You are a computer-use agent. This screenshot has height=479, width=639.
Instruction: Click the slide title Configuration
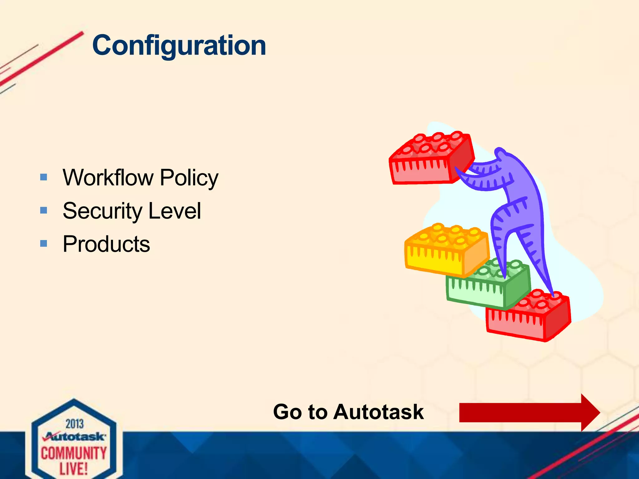tap(179, 46)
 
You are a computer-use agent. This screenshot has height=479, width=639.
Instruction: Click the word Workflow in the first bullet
tap(108, 177)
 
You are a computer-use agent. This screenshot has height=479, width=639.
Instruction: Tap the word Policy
tap(189, 178)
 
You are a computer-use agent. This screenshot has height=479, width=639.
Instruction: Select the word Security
tap(103, 211)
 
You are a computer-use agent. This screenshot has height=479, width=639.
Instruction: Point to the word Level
tap(175, 211)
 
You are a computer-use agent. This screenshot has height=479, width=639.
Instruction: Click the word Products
tap(106, 244)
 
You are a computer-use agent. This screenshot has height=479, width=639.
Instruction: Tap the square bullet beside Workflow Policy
tap(44, 177)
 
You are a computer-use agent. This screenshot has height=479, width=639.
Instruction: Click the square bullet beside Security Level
tap(44, 210)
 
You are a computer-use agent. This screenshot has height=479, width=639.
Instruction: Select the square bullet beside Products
tap(44, 243)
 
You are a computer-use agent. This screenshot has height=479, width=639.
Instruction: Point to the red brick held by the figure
tap(431, 159)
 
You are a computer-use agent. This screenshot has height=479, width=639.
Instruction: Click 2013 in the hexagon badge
tap(75, 424)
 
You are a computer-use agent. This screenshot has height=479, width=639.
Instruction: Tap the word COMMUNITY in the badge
tap(74, 453)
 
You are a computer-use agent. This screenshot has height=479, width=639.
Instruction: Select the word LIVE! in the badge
tap(74, 469)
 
